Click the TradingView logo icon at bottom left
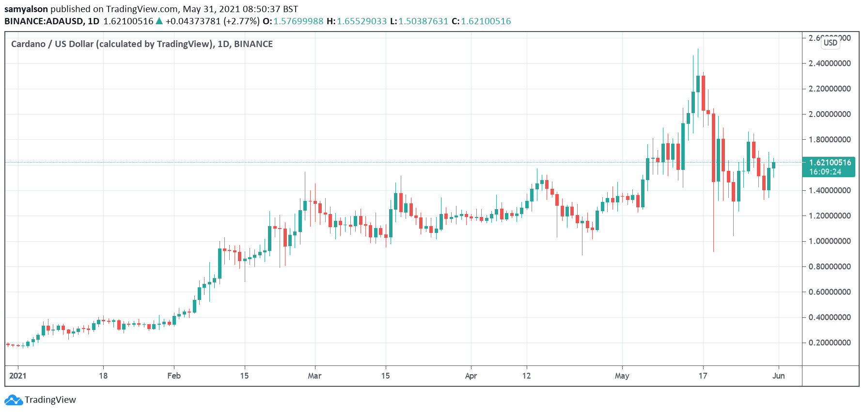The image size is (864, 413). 14,400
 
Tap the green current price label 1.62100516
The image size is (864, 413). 829,163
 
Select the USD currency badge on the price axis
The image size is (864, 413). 830,43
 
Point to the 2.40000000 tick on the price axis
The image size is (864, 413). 829,64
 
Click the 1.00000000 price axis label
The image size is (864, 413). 829,241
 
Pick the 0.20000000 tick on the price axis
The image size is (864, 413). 829,343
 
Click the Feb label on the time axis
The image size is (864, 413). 174,376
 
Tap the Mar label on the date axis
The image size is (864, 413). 314,376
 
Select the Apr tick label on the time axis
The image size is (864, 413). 471,376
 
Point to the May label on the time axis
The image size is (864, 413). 622,376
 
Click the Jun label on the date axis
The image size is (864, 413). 778,376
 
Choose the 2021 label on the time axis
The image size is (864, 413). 18,376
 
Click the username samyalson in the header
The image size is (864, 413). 26,9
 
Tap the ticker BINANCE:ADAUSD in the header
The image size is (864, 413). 43,21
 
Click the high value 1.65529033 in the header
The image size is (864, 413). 361,21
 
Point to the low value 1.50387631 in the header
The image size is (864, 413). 423,21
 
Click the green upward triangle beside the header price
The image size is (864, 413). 159,21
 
